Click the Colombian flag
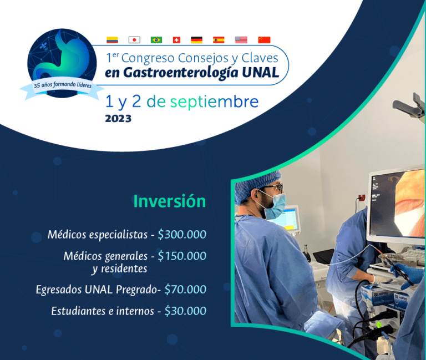(x=112, y=40)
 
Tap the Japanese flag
(x=134, y=40)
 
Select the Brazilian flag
(x=156, y=40)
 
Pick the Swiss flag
(x=176, y=40)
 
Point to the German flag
(x=197, y=40)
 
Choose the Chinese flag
(x=264, y=40)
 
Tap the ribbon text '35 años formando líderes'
(x=63, y=85)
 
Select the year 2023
(x=118, y=119)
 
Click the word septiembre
(x=214, y=102)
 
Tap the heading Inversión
(x=170, y=201)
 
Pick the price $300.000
(x=182, y=235)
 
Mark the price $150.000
(x=182, y=256)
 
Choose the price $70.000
(x=185, y=290)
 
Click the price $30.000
(x=185, y=311)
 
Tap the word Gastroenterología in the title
(x=181, y=73)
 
